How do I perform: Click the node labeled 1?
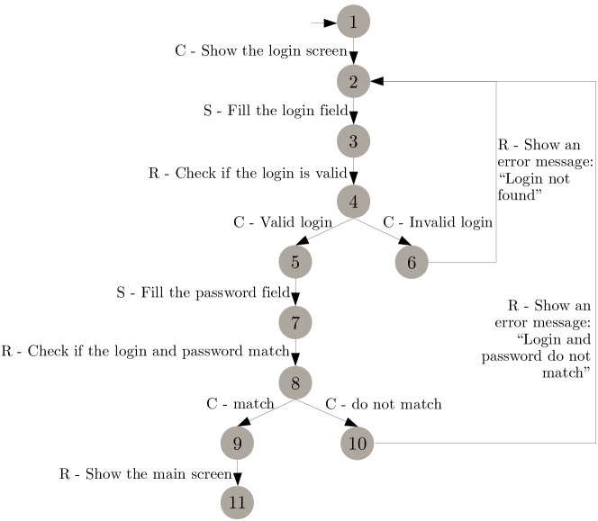click(x=353, y=22)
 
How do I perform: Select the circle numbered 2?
click(x=353, y=82)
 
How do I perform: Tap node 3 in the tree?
click(x=353, y=141)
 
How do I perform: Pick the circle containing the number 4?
click(x=353, y=202)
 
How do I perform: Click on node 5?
click(x=294, y=263)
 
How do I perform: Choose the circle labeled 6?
click(x=412, y=263)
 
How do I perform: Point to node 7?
click(x=294, y=322)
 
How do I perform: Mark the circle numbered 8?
click(x=294, y=383)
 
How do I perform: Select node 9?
click(x=237, y=444)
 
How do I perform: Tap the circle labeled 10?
click(x=357, y=444)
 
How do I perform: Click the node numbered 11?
click(x=237, y=502)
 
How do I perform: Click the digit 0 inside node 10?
click(x=361, y=444)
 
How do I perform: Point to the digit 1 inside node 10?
click(x=352, y=444)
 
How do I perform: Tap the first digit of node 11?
click(x=232, y=502)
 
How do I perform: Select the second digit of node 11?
click(x=241, y=502)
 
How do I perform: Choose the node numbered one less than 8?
click(x=294, y=322)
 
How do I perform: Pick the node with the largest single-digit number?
click(x=237, y=444)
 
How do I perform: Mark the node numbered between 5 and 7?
click(x=412, y=263)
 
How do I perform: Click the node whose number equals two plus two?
click(x=353, y=202)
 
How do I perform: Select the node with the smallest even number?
click(x=353, y=82)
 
